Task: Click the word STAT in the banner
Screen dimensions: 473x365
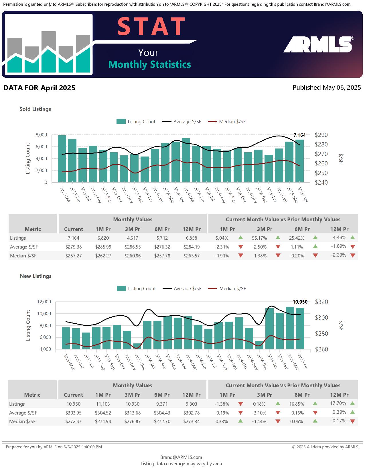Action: pyautogui.click(x=151, y=26)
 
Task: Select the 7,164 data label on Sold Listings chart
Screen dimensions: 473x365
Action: pyautogui.click(x=299, y=135)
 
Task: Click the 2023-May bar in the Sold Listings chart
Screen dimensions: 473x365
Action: pyautogui.click(x=62, y=159)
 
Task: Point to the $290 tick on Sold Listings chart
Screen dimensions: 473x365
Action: pyautogui.click(x=321, y=135)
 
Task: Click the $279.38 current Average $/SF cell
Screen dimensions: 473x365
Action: pyautogui.click(x=74, y=247)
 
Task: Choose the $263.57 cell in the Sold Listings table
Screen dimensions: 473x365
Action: pyautogui.click(x=192, y=256)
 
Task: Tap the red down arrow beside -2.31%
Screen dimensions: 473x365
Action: pyautogui.click(x=241, y=247)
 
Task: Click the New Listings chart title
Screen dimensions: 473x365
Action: pyautogui.click(x=36, y=276)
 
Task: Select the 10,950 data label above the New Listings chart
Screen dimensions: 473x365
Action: pyautogui.click(x=300, y=302)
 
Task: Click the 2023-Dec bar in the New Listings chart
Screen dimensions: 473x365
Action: pyautogui.click(x=137, y=346)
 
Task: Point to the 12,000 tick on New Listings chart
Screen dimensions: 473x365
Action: pyautogui.click(x=44, y=302)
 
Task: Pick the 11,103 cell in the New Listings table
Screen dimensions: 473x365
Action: pyautogui.click(x=103, y=404)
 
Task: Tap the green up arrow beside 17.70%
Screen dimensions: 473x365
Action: pyautogui.click(x=352, y=403)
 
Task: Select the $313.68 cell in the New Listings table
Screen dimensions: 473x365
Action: pyautogui.click(x=133, y=413)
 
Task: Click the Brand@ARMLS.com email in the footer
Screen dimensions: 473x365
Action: pyautogui.click(x=181, y=457)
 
